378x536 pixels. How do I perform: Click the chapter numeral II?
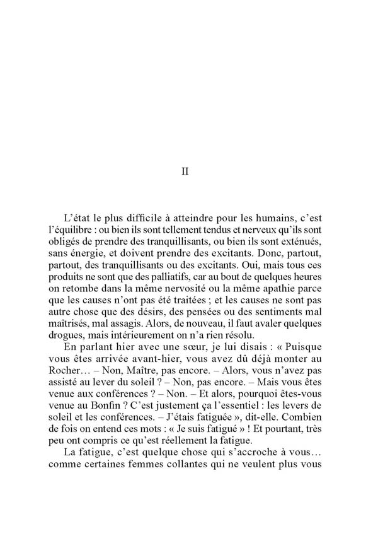185,171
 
